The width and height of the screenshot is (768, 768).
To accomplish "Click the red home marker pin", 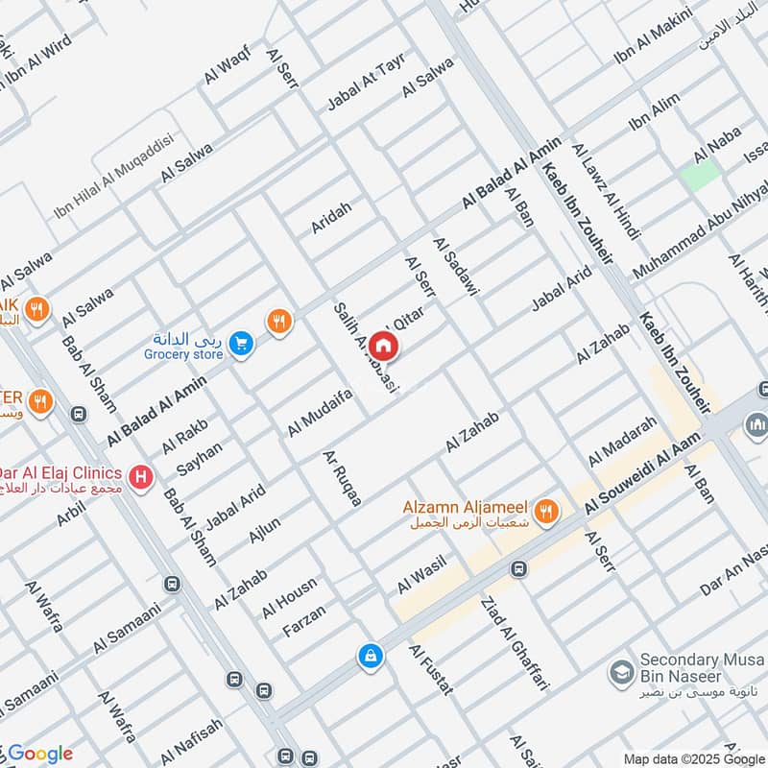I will pyautogui.click(x=383, y=344).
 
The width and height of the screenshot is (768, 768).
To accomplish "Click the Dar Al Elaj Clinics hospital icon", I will pyautogui.click(x=142, y=475).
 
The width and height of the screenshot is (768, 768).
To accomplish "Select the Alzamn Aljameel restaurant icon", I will pyautogui.click(x=546, y=513).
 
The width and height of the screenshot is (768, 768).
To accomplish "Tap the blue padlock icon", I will pyautogui.click(x=370, y=657).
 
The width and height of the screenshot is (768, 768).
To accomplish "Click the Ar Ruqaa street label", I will pyautogui.click(x=343, y=478).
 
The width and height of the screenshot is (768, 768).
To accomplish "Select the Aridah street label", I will pyautogui.click(x=331, y=217).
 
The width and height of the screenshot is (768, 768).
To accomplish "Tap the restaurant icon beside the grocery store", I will pyautogui.click(x=278, y=322).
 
